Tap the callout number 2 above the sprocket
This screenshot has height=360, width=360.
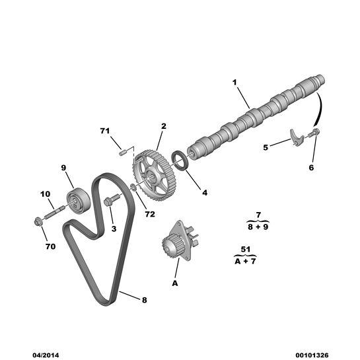point(163,126)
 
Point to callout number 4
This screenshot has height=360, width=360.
point(205,193)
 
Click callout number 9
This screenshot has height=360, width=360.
point(64,167)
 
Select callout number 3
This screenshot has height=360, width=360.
point(113,229)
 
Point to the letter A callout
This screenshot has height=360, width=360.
point(175,283)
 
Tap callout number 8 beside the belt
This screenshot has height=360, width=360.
point(144,299)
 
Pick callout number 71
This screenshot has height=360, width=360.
point(104,131)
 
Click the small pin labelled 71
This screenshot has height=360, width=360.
point(123,152)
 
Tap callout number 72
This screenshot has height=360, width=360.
point(150,215)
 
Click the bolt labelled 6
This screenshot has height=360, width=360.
point(315,134)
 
